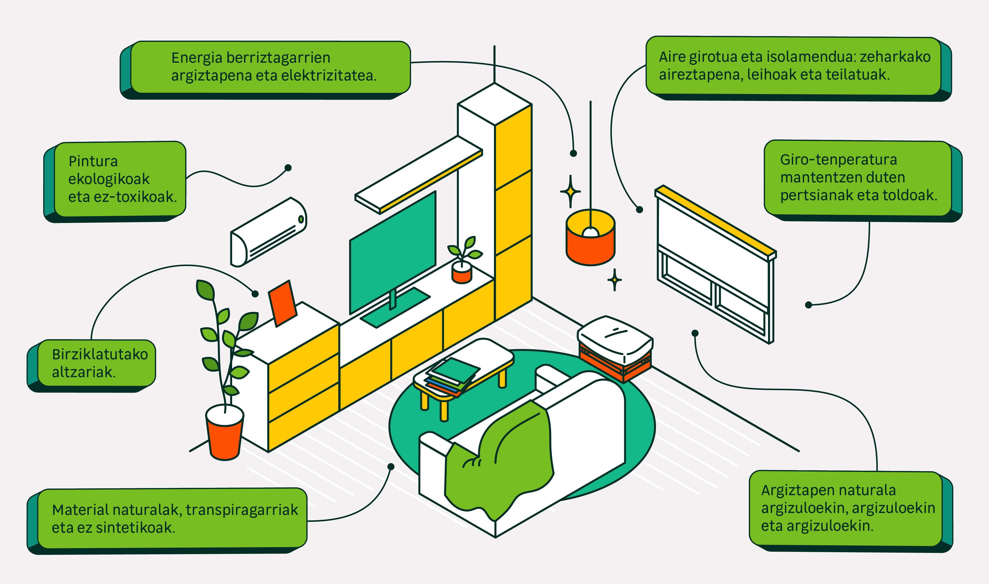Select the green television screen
pos(393,252)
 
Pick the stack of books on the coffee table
pos(452,376)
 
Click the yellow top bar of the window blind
pos(716,220)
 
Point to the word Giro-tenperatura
pos(838,160)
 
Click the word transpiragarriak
pos(242,510)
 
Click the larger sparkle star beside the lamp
pos(570,192)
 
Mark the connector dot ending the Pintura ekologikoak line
pos(288,168)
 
